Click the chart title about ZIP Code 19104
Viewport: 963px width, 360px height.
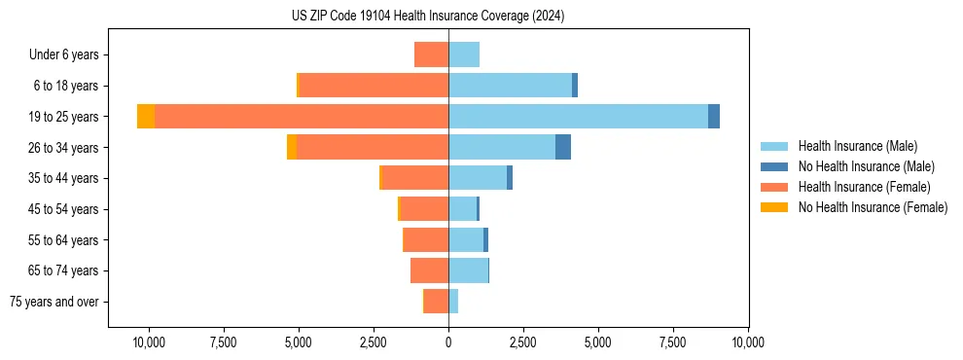pyautogui.click(x=428, y=17)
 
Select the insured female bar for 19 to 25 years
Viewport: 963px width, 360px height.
pyautogui.click(x=302, y=117)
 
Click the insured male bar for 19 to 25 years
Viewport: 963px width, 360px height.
pyautogui.click(x=578, y=117)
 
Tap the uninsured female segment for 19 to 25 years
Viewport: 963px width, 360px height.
pyautogui.click(x=146, y=117)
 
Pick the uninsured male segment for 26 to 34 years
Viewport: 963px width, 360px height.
pyautogui.click(x=563, y=148)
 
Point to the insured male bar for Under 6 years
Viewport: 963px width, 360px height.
pyautogui.click(x=464, y=55)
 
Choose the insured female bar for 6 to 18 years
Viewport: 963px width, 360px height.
pyautogui.click(x=374, y=86)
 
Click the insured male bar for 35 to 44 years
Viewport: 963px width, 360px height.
pyautogui.click(x=478, y=178)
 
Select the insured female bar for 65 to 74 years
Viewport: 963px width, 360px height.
pyautogui.click(x=430, y=270)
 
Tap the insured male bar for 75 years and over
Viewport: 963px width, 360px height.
pyautogui.click(x=453, y=302)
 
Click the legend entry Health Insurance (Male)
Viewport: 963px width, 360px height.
pyautogui.click(x=857, y=146)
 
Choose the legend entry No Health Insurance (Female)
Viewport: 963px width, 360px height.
pyautogui.click(x=873, y=207)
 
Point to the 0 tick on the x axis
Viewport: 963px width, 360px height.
pyautogui.click(x=448, y=342)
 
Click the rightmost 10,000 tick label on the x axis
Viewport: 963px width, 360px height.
pyautogui.click(x=748, y=342)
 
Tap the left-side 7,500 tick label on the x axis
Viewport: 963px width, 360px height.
pyautogui.click(x=224, y=342)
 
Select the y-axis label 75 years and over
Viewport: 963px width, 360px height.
pyautogui.click(x=54, y=302)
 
